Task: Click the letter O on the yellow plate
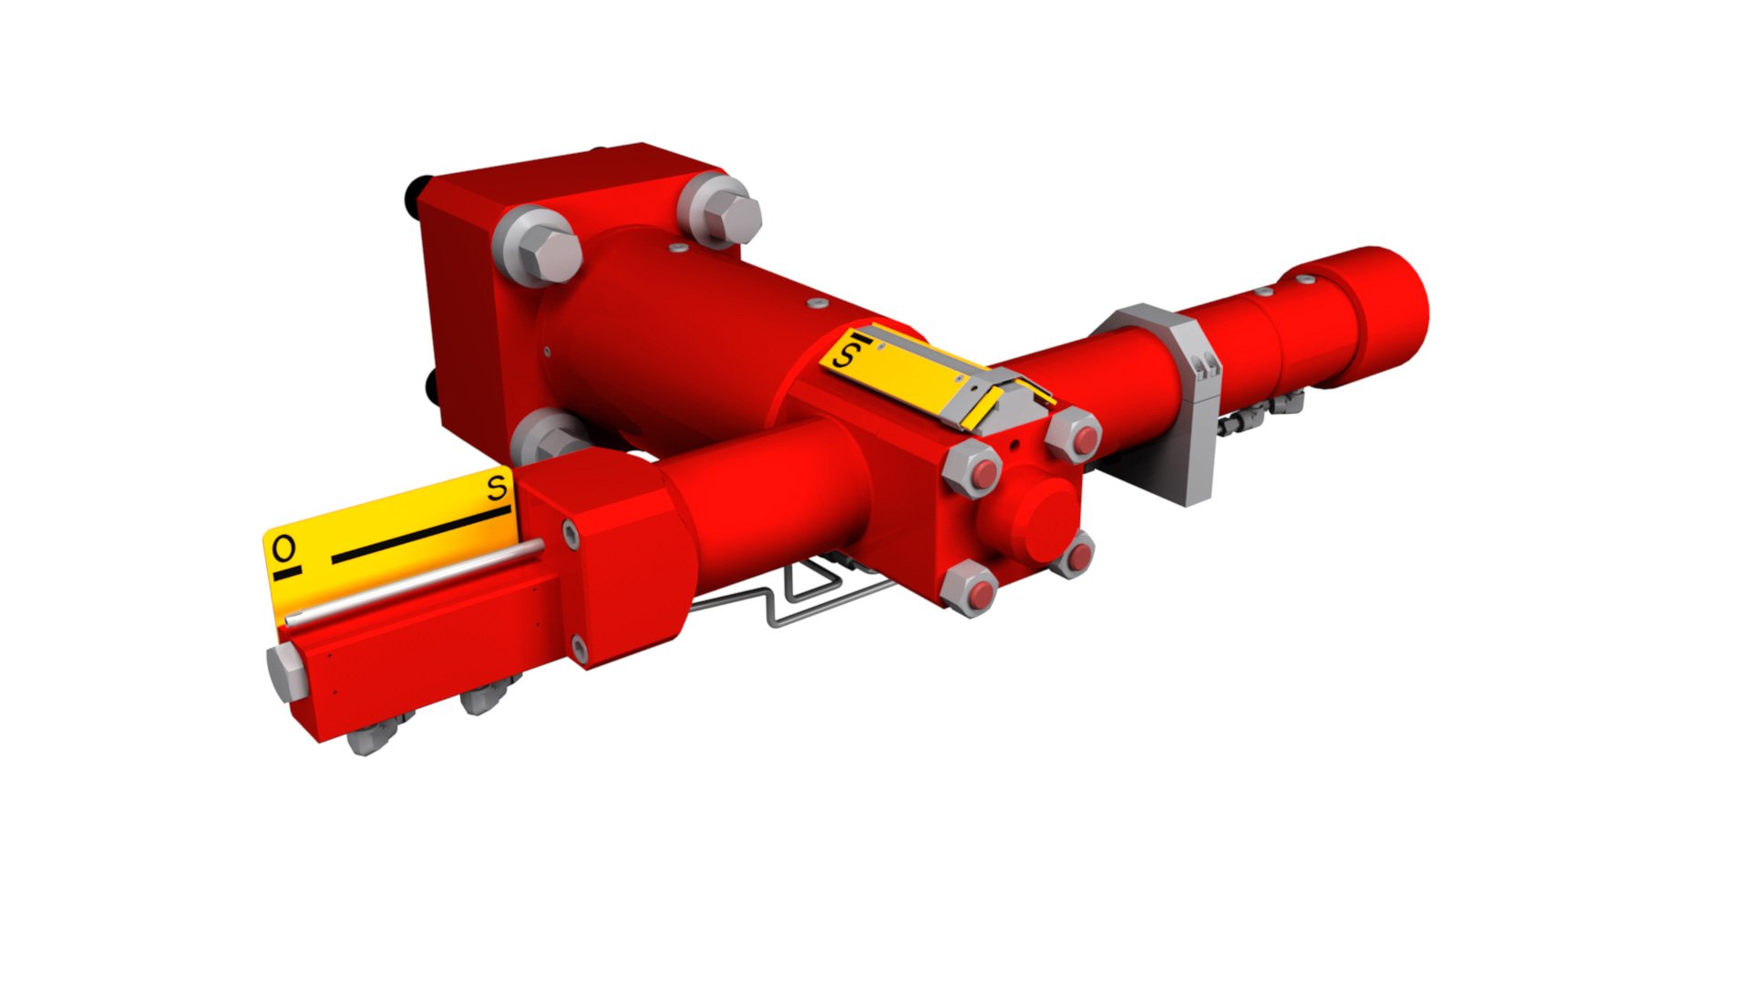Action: point(284,548)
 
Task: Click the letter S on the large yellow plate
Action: point(497,487)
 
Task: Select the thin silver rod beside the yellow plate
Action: point(415,583)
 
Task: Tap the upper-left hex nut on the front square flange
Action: point(973,471)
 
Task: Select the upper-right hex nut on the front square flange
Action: point(1074,436)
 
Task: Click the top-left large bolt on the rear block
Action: point(538,246)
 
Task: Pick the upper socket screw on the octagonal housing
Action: point(571,533)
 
